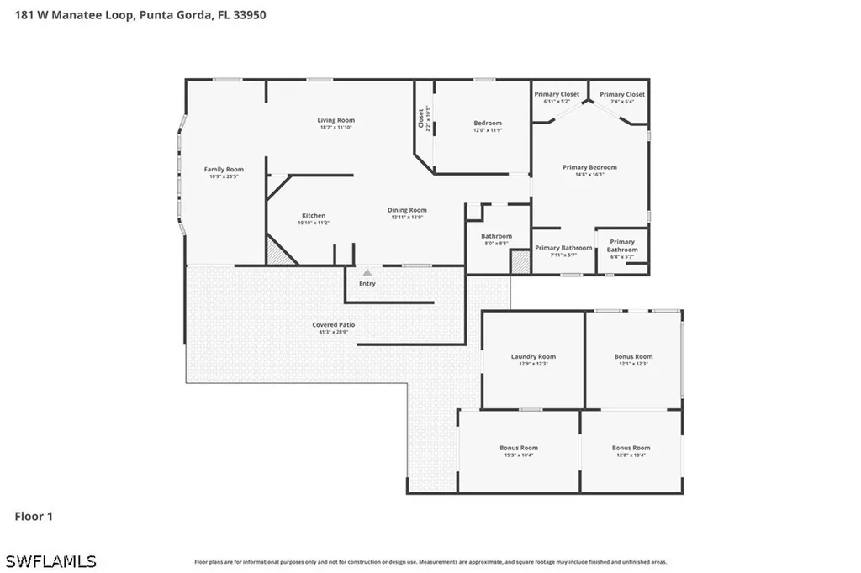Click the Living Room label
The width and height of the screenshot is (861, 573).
[x=335, y=120]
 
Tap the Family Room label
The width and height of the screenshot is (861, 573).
[x=224, y=170]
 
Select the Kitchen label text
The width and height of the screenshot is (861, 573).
[x=313, y=216]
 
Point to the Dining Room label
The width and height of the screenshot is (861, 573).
[x=407, y=210]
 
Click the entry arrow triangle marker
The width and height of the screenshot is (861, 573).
[x=367, y=273]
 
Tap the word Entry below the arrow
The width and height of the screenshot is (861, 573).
[x=367, y=284]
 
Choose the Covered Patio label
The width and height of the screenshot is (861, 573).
[x=335, y=325]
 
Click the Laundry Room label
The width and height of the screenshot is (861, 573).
[x=533, y=357]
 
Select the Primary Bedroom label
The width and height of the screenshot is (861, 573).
[x=589, y=167]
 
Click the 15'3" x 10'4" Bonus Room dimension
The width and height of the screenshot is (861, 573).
[x=518, y=455]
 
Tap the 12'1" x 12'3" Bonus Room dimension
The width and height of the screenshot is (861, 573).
[x=632, y=364]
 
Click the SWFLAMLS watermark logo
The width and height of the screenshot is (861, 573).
[x=50, y=560]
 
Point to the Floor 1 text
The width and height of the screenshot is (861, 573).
[x=34, y=517]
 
